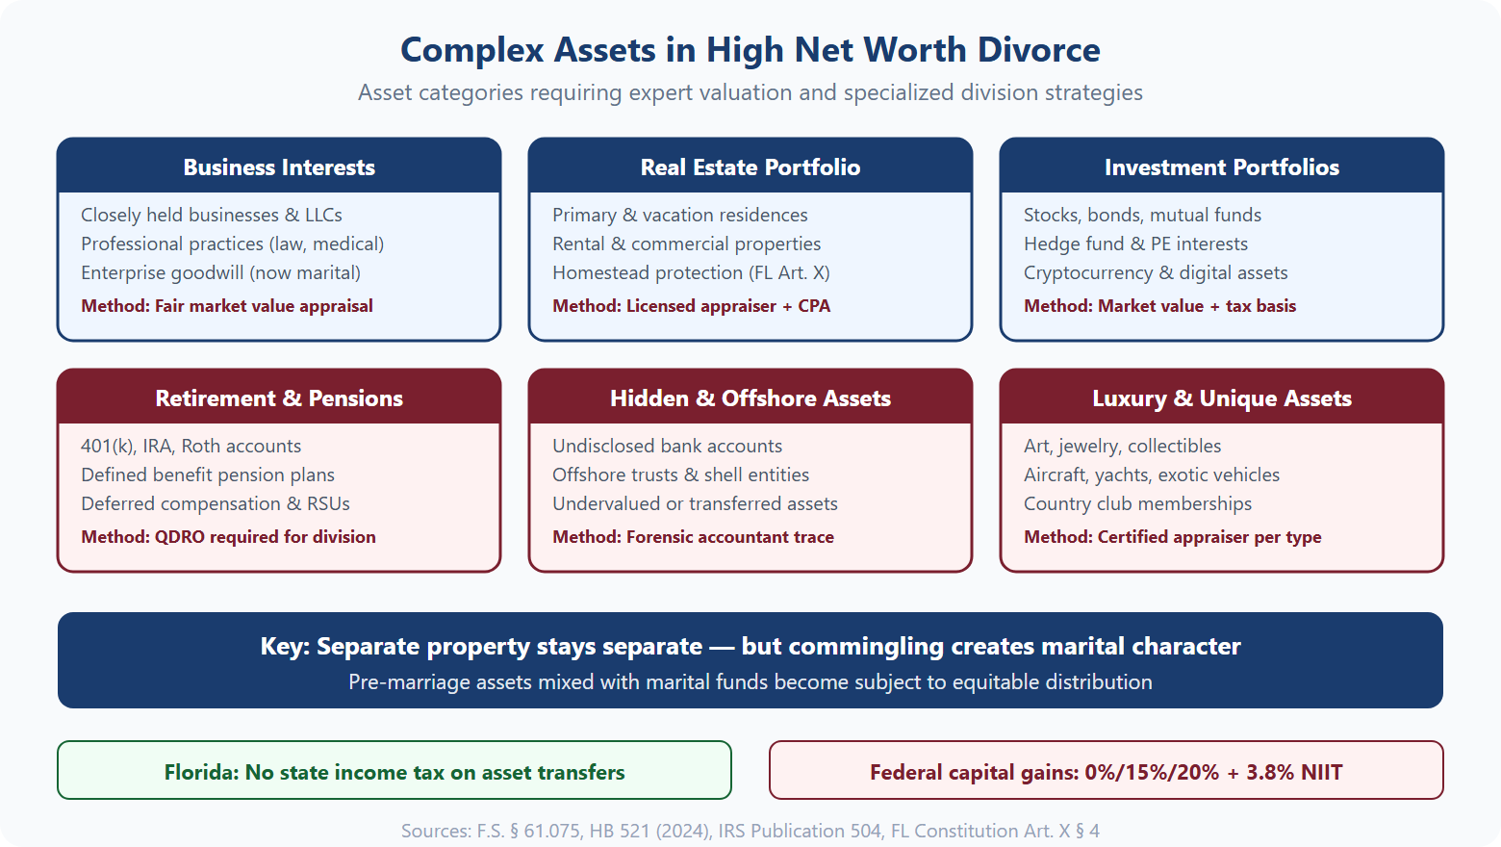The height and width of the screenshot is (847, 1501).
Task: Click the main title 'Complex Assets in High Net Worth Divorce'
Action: tap(750, 50)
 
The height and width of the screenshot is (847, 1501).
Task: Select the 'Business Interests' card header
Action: tap(279, 167)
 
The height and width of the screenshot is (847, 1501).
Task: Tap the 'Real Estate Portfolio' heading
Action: tap(750, 167)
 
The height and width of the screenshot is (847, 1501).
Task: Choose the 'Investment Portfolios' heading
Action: tap(1221, 167)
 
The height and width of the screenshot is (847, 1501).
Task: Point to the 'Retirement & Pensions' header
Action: tap(279, 398)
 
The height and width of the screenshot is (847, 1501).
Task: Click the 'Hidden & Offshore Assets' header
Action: tap(750, 398)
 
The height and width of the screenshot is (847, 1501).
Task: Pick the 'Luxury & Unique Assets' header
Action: tap(1221, 398)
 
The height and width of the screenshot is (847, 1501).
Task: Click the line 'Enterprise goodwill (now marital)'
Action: tap(220, 272)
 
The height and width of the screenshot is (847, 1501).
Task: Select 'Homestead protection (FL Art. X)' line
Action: tap(691, 272)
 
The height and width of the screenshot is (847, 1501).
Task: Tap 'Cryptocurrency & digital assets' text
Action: tap(1155, 272)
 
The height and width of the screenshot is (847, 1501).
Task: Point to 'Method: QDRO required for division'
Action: tap(228, 537)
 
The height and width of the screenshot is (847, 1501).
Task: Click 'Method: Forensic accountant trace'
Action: tap(693, 537)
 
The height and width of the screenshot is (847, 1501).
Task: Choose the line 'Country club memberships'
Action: tap(1137, 503)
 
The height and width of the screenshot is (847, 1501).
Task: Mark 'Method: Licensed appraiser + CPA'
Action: tap(691, 306)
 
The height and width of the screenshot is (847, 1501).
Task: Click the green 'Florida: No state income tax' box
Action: tap(394, 772)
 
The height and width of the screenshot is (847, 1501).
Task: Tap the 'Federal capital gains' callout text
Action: tap(1106, 772)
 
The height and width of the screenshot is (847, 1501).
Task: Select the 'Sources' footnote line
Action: tap(750, 831)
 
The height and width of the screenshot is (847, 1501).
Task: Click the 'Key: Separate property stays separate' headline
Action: tap(750, 646)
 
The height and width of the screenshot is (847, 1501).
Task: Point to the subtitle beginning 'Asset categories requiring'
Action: tap(750, 92)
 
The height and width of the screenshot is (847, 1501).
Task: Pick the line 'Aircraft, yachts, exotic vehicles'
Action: tap(1151, 475)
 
